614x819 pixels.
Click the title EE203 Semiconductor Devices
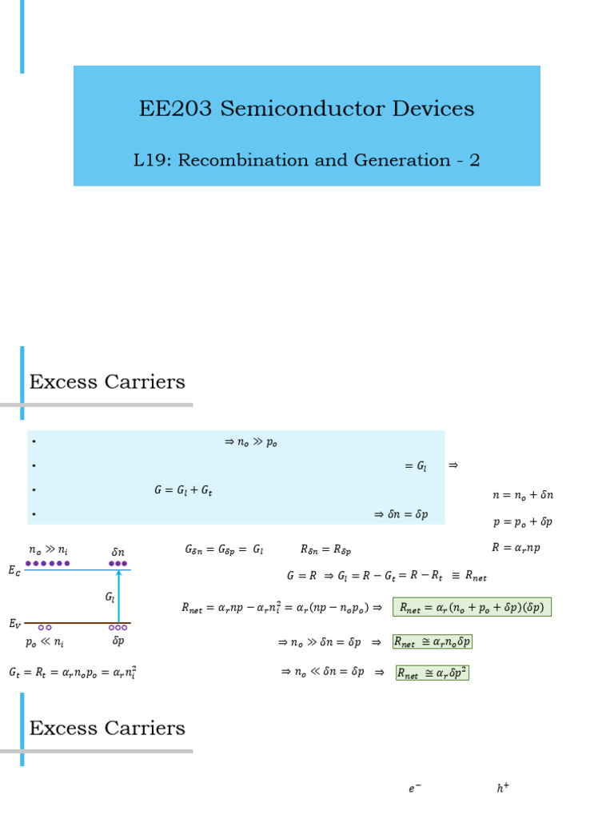click(306, 109)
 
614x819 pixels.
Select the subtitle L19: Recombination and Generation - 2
click(306, 160)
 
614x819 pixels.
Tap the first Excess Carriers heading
click(107, 382)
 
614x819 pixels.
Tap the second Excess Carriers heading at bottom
click(107, 729)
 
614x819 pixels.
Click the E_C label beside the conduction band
click(14, 570)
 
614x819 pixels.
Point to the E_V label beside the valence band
click(14, 623)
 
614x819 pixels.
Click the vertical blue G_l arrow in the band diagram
click(118, 596)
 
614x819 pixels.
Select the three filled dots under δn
click(118, 563)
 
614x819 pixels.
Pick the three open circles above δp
click(118, 628)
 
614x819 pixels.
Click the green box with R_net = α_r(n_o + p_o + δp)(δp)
click(472, 607)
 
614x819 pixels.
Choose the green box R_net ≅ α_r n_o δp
click(432, 641)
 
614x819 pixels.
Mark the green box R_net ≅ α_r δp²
click(432, 673)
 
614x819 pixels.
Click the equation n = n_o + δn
click(523, 495)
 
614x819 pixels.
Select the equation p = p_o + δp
click(523, 522)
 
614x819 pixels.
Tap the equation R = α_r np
click(516, 548)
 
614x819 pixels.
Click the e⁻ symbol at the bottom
click(414, 789)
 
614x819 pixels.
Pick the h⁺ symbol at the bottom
click(503, 789)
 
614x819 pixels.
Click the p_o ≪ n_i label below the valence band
click(44, 642)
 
